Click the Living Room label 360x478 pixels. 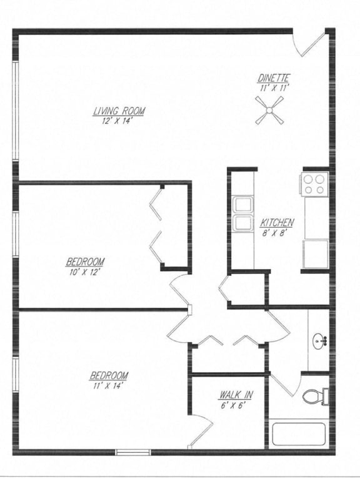(119, 111)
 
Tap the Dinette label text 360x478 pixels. (274, 78)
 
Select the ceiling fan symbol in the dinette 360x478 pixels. (270, 113)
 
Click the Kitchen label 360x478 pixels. (277, 222)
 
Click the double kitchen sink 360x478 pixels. (241, 214)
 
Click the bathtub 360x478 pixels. (298, 434)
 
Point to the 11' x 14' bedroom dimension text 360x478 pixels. (109, 385)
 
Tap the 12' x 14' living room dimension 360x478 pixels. (119, 120)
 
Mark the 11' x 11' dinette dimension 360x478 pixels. (274, 88)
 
